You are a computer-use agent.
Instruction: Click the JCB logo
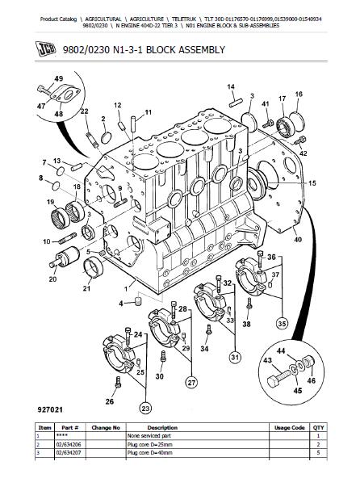click(46, 49)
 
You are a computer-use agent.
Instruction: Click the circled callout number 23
click(145, 408)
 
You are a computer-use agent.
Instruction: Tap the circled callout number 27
click(191, 382)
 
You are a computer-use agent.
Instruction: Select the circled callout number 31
click(235, 357)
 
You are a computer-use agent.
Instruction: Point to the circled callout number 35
click(282, 324)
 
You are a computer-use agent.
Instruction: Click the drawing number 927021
click(50, 410)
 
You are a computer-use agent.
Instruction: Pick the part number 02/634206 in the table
click(69, 444)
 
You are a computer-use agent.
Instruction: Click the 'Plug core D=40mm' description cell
click(149, 453)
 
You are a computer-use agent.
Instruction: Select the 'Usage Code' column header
click(289, 428)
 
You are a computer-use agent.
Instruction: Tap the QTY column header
click(318, 428)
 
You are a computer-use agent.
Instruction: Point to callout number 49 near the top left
click(58, 78)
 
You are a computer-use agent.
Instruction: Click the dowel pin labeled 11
click(133, 124)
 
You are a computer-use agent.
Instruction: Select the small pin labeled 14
click(236, 103)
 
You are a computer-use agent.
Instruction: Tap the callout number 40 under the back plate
click(298, 240)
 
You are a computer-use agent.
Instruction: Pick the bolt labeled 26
click(118, 382)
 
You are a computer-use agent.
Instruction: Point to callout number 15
click(312, 183)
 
